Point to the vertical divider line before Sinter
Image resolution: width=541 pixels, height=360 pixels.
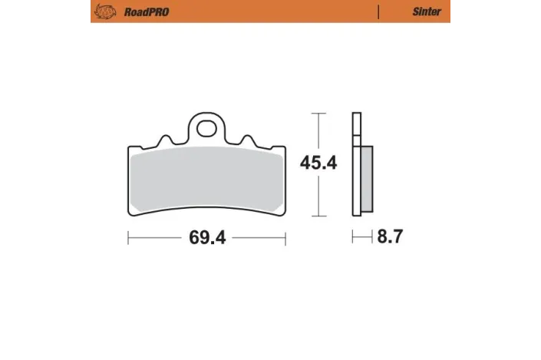378,12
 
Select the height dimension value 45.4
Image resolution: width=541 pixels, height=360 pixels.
318,163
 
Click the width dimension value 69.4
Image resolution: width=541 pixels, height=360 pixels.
206,238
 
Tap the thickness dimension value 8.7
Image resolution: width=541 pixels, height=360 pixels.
389,238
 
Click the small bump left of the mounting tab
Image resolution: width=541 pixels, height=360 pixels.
163,140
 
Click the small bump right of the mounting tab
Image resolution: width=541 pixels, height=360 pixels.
248,140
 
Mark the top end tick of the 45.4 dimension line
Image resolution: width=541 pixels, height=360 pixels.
318,114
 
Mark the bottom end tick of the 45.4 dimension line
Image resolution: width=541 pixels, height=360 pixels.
318,216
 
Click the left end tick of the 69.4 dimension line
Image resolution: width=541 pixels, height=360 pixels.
127,238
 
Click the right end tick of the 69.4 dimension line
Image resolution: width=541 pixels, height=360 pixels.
285,238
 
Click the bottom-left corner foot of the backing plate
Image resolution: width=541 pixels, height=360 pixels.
131,210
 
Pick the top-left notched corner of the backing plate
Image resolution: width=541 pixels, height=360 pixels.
130,149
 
